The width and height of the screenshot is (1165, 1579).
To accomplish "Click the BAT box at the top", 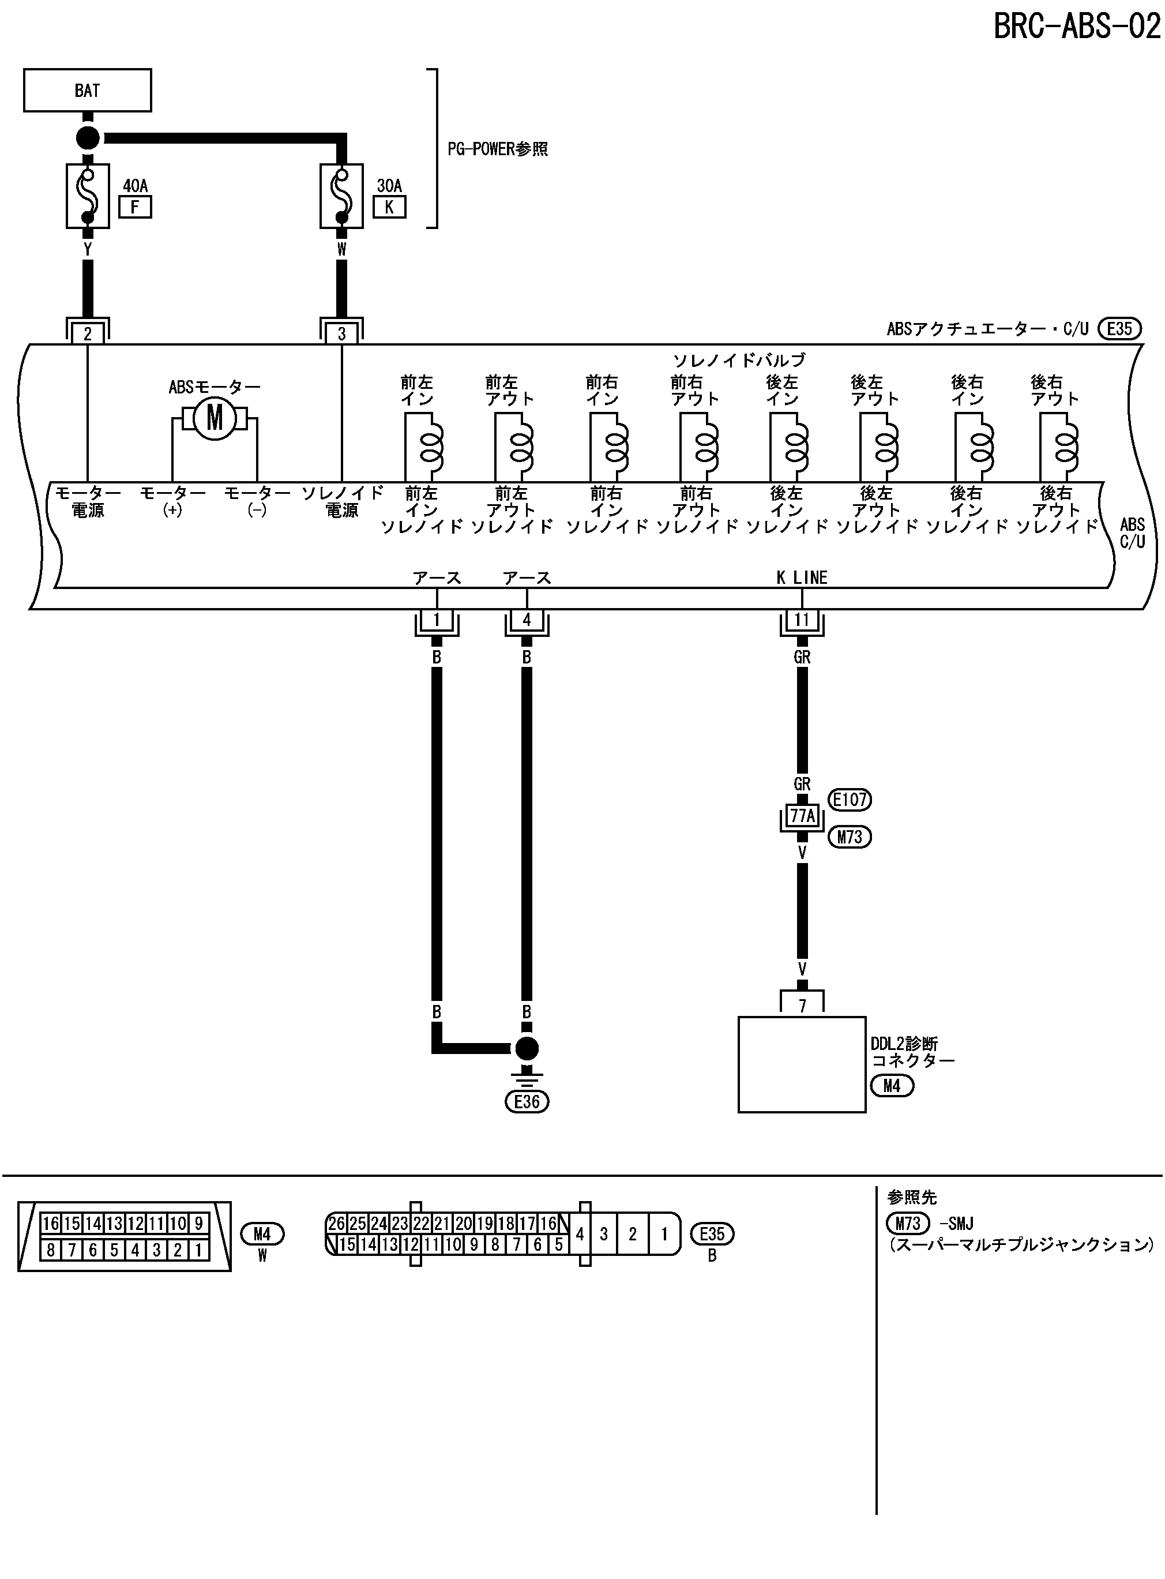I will (88, 90).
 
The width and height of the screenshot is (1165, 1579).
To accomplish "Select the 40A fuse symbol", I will (88, 196).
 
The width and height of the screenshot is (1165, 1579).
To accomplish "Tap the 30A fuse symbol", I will (341, 196).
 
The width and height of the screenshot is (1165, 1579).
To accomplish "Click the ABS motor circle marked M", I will (215, 418).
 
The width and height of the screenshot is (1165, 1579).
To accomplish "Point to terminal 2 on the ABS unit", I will (88, 333).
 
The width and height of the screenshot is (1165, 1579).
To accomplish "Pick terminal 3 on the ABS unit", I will (341, 333).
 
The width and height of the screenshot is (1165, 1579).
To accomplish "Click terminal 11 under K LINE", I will (802, 620).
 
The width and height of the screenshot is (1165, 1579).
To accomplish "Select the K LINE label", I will (802, 577).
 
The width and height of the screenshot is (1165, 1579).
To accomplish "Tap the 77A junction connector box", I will (802, 816).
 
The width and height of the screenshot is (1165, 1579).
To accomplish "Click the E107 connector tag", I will (850, 799).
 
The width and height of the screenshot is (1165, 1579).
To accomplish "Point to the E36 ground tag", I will (527, 1101).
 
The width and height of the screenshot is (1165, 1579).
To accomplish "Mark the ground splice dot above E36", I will (527, 1049).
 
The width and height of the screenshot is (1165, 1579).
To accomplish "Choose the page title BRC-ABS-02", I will (1077, 27).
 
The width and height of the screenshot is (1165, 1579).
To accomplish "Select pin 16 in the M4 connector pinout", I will (51, 1223).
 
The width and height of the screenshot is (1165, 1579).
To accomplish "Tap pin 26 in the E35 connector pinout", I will (336, 1223).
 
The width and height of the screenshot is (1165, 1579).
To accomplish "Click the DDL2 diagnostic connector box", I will (802, 1064).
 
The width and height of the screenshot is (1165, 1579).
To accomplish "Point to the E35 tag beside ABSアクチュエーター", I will (1119, 329).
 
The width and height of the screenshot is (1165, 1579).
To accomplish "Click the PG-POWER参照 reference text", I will (498, 149).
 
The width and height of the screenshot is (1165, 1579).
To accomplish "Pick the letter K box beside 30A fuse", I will (389, 207).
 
